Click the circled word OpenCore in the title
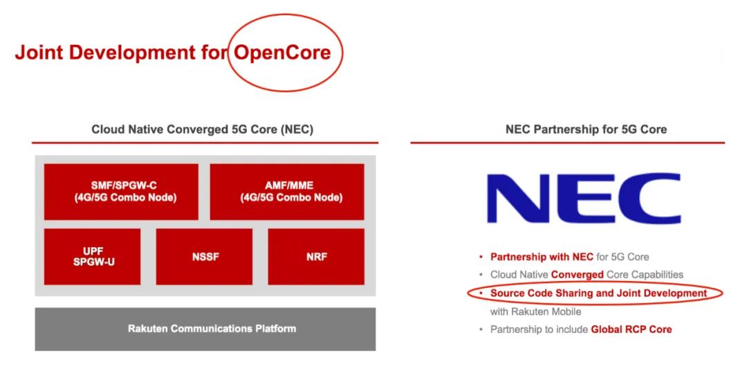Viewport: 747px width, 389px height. [x=282, y=53]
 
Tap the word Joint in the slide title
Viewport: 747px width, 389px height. [x=39, y=53]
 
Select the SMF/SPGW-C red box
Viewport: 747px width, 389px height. [x=121, y=192]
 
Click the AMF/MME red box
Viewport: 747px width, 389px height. [x=287, y=192]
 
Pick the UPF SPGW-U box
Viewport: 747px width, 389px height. [x=93, y=257]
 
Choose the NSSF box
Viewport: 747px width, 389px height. [x=204, y=257]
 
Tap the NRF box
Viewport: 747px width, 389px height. [x=316, y=257]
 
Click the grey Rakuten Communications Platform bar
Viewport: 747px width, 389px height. [x=205, y=329]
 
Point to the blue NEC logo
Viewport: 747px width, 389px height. [x=584, y=198]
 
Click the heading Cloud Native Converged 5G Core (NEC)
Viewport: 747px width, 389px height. [x=203, y=129]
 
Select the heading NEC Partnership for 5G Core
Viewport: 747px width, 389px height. [x=586, y=129]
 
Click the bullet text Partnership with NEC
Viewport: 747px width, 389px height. [x=542, y=257]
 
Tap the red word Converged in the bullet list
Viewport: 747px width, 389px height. [x=578, y=275]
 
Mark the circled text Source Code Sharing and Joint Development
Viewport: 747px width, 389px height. [x=598, y=293]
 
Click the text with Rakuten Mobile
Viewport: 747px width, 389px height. [x=535, y=311]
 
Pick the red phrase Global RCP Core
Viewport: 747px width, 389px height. [x=631, y=329]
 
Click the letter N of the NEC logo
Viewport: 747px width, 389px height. [x=515, y=198]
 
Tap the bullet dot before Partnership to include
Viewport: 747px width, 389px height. [x=481, y=329]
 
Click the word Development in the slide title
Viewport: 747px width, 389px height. [x=132, y=53]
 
